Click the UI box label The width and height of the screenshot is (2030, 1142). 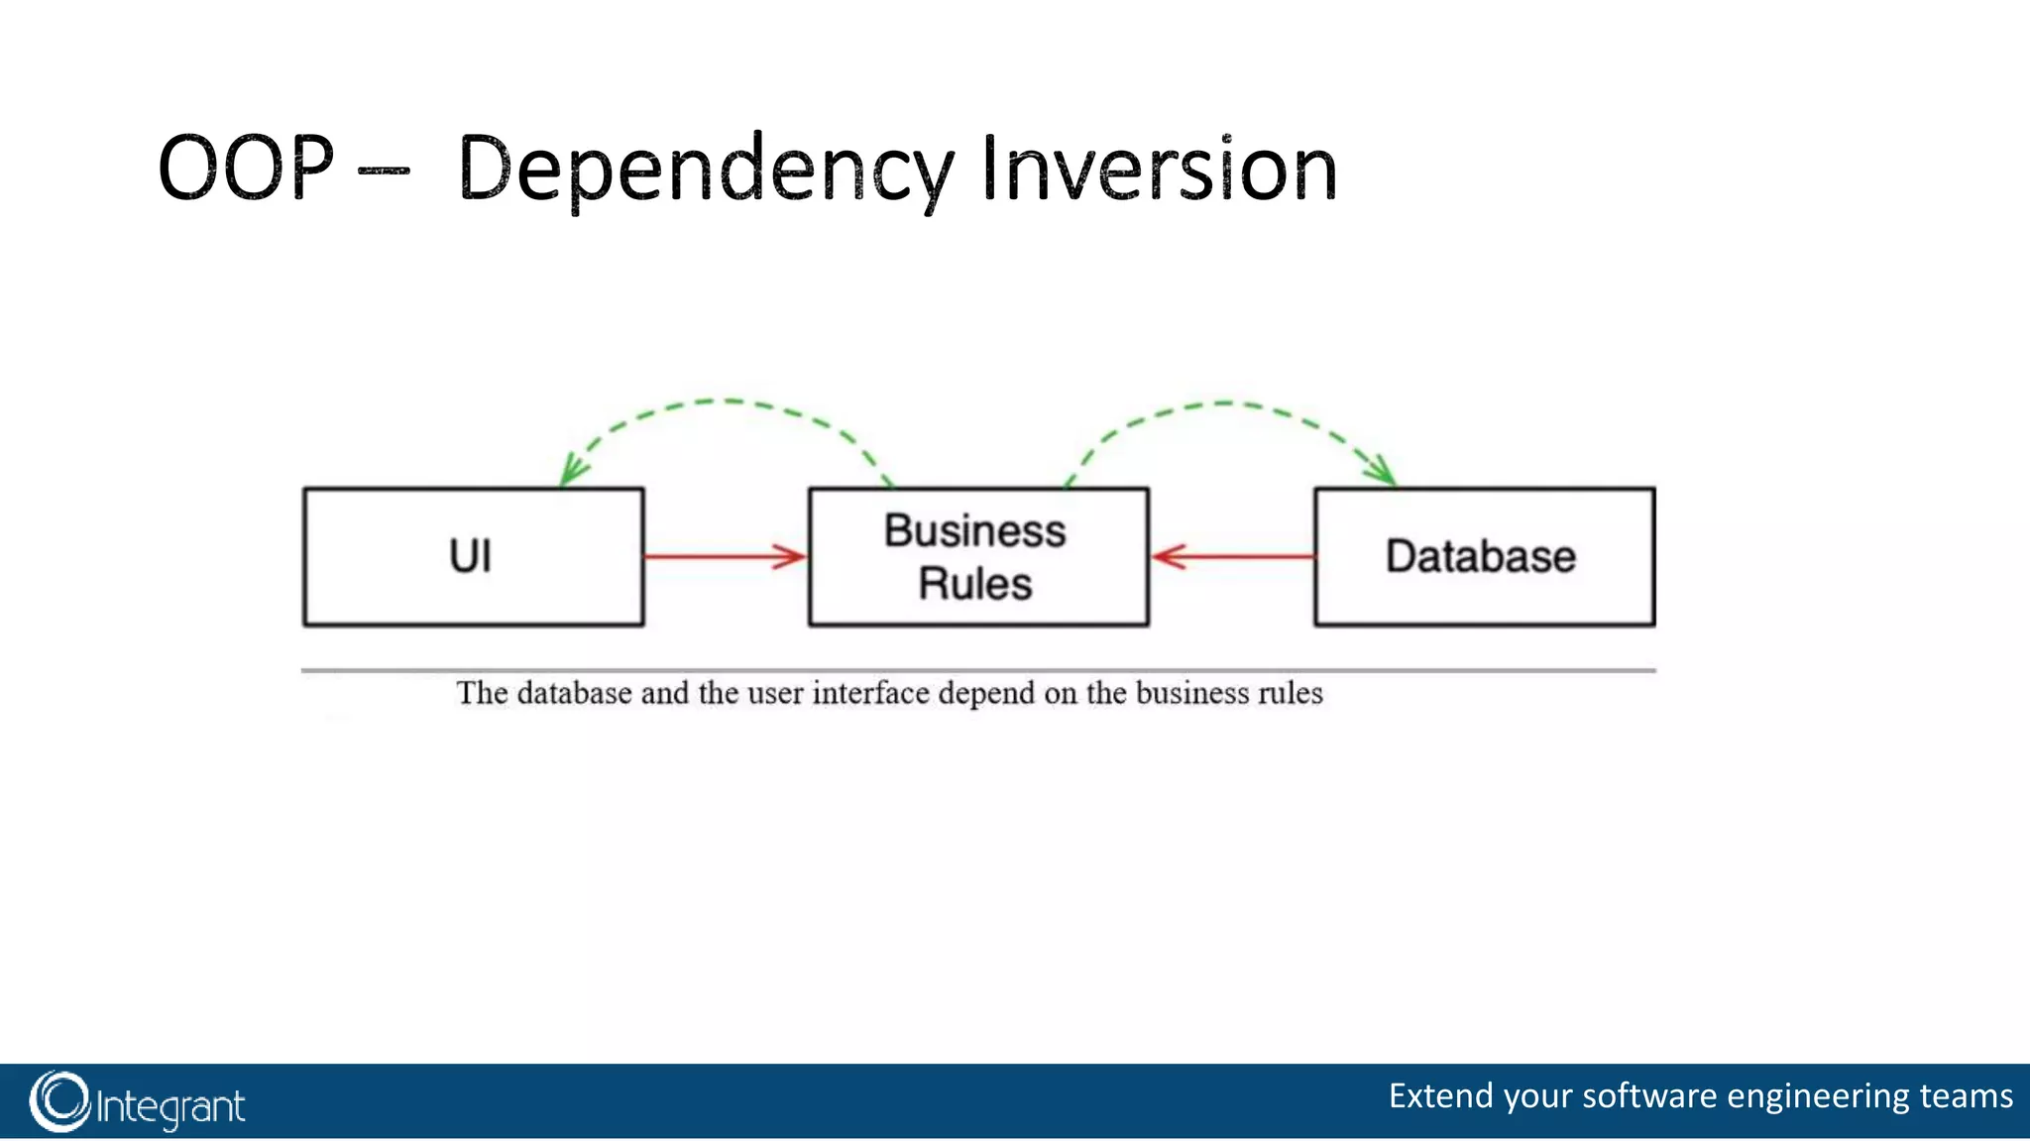(x=470, y=556)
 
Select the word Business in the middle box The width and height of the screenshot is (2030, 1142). (x=975, y=531)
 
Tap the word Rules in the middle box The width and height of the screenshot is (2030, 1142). (x=975, y=584)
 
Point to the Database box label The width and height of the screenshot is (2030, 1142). (x=1480, y=556)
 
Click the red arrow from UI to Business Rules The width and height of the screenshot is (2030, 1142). (x=724, y=556)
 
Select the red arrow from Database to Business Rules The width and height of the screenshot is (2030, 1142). (x=1234, y=556)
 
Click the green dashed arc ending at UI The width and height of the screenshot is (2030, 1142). (x=729, y=401)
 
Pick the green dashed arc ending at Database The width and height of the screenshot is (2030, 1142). (x=1224, y=403)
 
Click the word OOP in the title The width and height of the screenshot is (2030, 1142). (x=246, y=169)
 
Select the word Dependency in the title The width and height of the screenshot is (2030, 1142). (x=706, y=171)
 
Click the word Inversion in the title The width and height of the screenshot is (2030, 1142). (x=1159, y=171)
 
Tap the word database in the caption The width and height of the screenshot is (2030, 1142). (x=574, y=693)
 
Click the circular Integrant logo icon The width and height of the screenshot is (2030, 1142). (x=59, y=1101)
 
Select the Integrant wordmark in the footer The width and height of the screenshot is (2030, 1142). (x=170, y=1106)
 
